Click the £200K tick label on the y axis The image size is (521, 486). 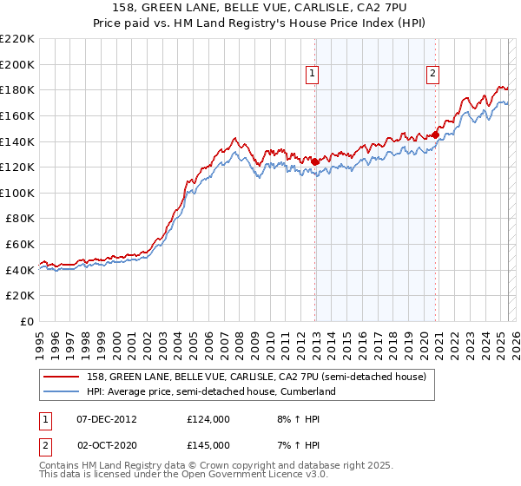coord(17,64)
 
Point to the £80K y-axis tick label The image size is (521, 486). coord(20,219)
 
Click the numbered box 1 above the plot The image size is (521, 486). coord(313,75)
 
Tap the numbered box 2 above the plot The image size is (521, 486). coord(432,75)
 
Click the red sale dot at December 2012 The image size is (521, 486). coord(314,161)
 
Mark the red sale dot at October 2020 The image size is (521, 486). coord(435,135)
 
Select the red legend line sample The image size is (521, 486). coord(63,378)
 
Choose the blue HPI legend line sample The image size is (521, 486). coord(63,392)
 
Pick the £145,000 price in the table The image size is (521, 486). coord(208,445)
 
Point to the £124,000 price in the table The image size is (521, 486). coord(208,419)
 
